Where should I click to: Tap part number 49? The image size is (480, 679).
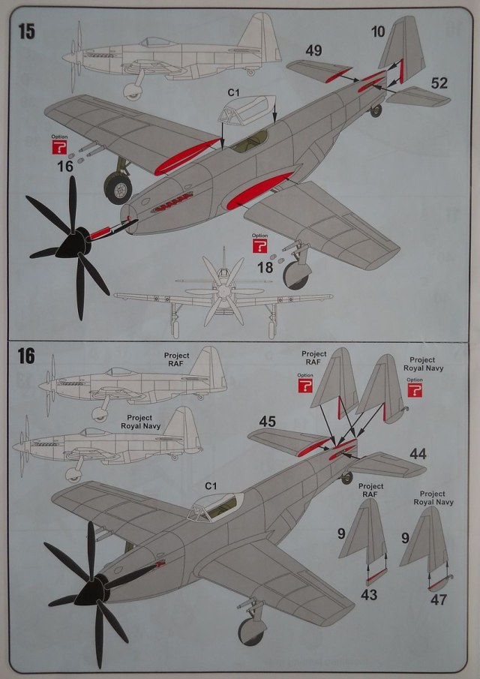(313, 50)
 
